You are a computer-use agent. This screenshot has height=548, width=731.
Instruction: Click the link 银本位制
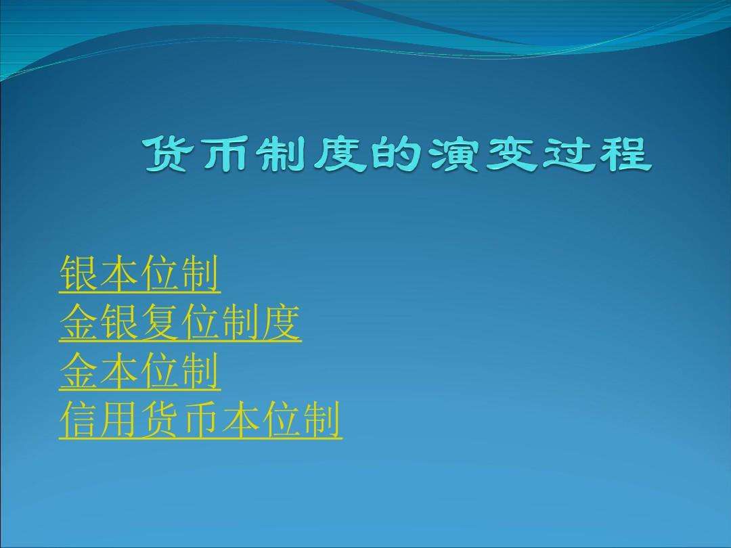139,275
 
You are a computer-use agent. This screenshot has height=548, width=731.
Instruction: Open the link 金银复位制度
180,323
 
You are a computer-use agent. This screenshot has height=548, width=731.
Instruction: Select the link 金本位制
139,372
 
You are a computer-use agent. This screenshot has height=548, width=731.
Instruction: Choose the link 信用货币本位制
200,421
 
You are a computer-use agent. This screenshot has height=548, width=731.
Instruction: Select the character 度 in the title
345,155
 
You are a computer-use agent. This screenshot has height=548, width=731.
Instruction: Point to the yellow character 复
160,323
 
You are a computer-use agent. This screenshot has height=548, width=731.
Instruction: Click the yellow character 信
79,421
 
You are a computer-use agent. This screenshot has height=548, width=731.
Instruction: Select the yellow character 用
119,421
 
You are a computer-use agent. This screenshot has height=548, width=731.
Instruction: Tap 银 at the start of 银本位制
79,275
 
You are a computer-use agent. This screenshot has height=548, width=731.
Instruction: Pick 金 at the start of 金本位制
79,372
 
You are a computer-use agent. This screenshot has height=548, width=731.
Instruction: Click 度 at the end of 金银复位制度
282,323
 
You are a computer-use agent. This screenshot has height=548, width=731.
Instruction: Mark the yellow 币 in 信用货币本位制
200,421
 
